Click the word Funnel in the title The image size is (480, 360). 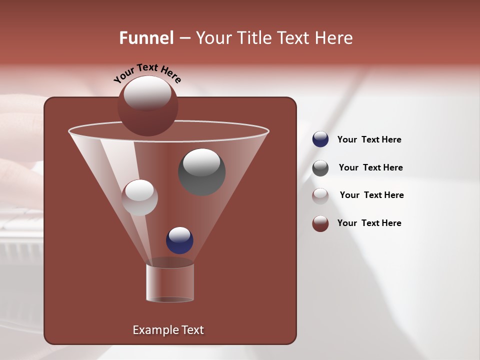[x=146, y=38]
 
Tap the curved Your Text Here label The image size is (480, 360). [x=147, y=73]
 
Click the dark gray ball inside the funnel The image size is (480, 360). [x=202, y=172]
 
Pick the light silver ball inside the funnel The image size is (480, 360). [x=139, y=197]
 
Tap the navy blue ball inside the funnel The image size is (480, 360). [x=179, y=240]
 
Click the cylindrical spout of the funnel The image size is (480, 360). [x=170, y=283]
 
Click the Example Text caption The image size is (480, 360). [x=168, y=330]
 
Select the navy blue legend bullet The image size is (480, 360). [x=320, y=139]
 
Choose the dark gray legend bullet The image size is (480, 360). [x=320, y=168]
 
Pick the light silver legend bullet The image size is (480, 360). [x=320, y=195]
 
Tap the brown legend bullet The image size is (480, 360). [x=320, y=223]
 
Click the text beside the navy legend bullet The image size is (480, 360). [x=369, y=140]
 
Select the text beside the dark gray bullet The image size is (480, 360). [x=370, y=168]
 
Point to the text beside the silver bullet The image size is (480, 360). [x=371, y=195]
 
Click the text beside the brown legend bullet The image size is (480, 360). [x=369, y=223]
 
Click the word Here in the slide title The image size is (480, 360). [x=334, y=38]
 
